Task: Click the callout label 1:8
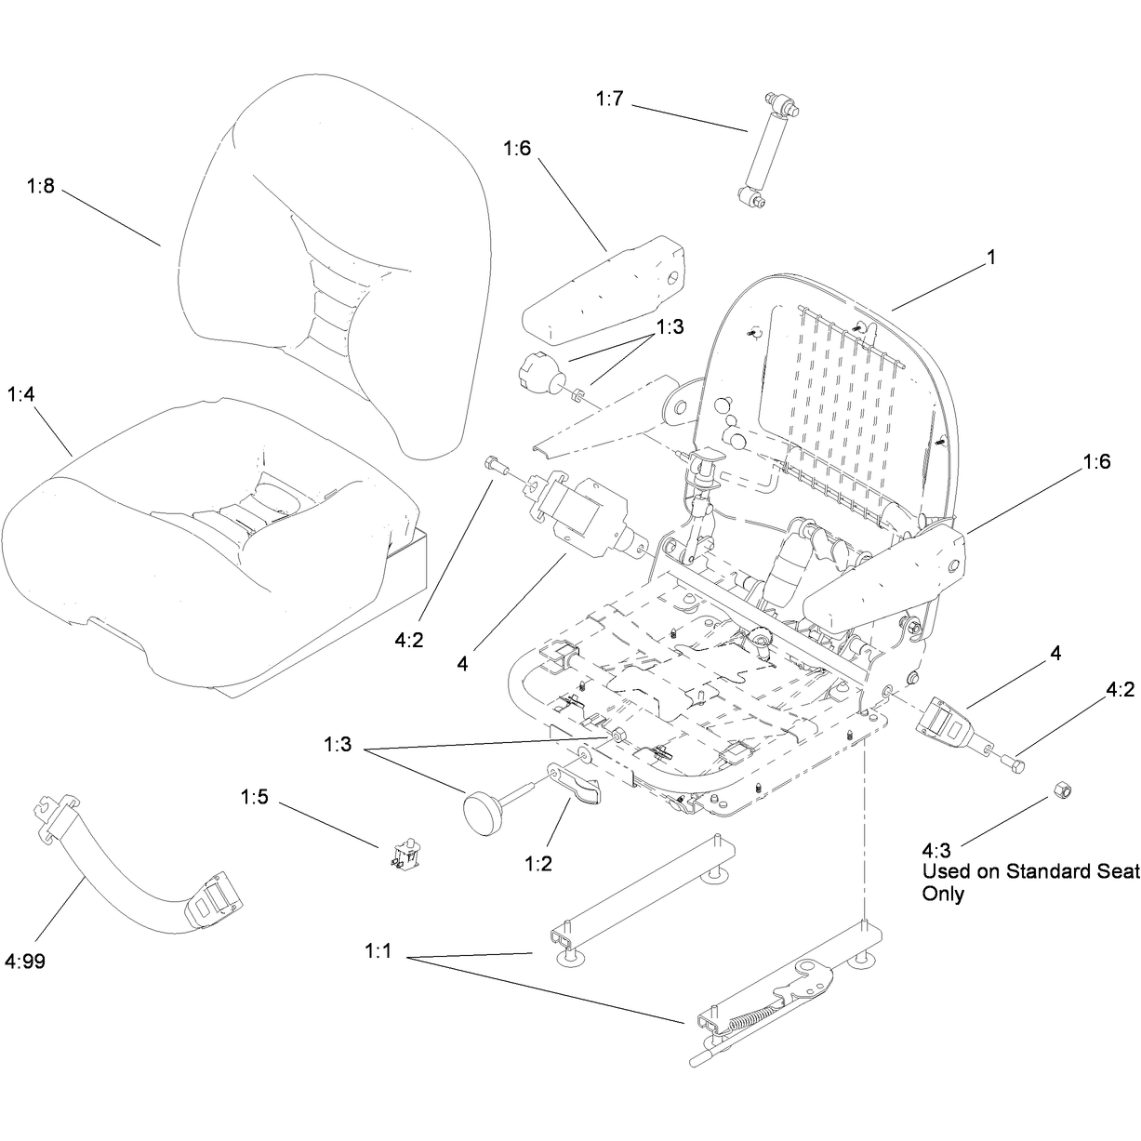coord(40,186)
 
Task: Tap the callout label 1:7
coord(610,99)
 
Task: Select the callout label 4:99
coord(25,961)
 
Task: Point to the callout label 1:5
coord(255,797)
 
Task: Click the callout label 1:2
coord(538,864)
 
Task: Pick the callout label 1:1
coord(378,951)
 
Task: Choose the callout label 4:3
coord(936,850)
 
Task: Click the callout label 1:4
coord(21,394)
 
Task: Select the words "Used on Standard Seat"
coord(1031,871)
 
